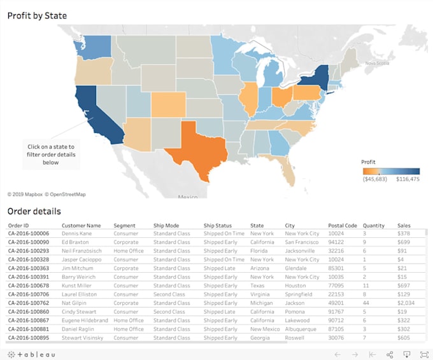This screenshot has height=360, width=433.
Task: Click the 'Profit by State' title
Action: pos(37,15)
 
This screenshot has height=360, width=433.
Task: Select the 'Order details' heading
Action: pos(34,211)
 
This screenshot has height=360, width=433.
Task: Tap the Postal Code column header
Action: pos(342,225)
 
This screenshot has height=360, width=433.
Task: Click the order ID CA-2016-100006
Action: pos(29,233)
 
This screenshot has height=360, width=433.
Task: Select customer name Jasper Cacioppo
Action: pos(82,260)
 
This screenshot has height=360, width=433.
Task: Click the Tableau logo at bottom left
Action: pos(32,354)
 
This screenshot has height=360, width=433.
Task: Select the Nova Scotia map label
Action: pos(376,63)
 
